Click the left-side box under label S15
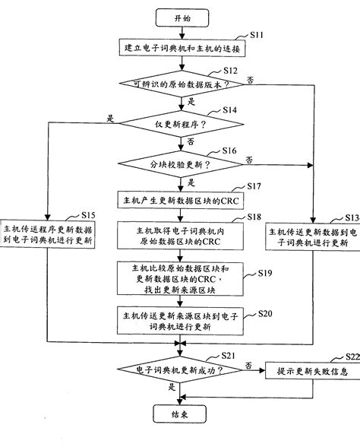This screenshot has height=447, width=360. pyautogui.click(x=48, y=235)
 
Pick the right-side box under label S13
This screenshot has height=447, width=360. pyautogui.click(x=308, y=235)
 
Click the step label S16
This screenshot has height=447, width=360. pyautogui.click(x=230, y=151)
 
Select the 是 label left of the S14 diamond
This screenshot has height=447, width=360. pyautogui.click(x=111, y=118)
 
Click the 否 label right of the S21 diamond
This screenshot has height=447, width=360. pyautogui.click(x=248, y=365)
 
